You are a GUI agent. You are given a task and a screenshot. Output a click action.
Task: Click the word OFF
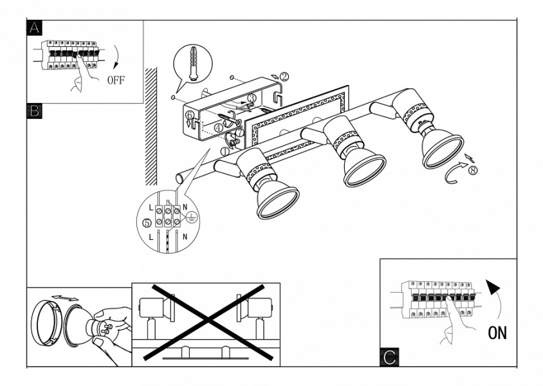(x=116, y=80)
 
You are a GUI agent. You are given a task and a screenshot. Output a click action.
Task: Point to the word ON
(x=497, y=333)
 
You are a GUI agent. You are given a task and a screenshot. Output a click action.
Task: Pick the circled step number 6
(x=189, y=115)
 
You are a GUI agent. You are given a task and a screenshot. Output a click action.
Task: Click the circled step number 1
(x=225, y=152)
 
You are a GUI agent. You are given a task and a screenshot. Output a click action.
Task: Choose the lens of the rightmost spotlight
(x=443, y=152)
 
